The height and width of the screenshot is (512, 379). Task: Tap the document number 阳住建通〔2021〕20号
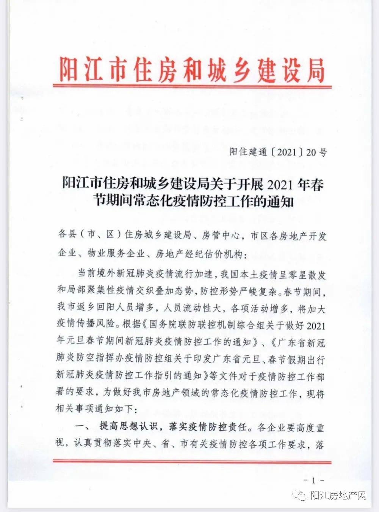[x=278, y=153]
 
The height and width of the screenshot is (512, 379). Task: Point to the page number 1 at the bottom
[x=313, y=481]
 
